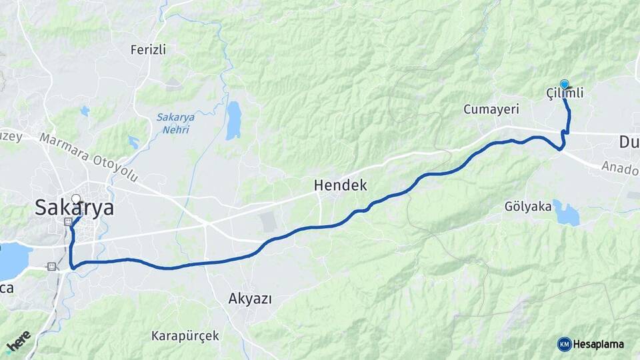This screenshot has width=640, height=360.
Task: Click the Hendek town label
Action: (341, 185)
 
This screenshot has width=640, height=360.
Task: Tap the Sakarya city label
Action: (74, 208)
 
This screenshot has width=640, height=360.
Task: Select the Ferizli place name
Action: (148, 49)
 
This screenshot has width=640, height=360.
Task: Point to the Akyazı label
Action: (250, 298)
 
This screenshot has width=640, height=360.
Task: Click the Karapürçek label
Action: (185, 335)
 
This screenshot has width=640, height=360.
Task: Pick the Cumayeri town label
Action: (487, 109)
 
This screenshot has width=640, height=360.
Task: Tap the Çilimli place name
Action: (565, 94)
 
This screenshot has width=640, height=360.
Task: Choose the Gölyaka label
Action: (529, 207)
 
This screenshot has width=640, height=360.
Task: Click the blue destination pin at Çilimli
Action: (565, 84)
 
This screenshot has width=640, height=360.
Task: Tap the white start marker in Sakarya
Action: (76, 199)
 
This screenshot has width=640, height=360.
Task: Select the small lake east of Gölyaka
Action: (566, 213)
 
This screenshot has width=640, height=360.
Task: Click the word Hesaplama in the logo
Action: (599, 344)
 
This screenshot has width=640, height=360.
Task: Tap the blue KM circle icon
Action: (564, 344)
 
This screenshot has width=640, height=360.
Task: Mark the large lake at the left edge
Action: (12, 260)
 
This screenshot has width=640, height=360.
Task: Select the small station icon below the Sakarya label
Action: (67, 221)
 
